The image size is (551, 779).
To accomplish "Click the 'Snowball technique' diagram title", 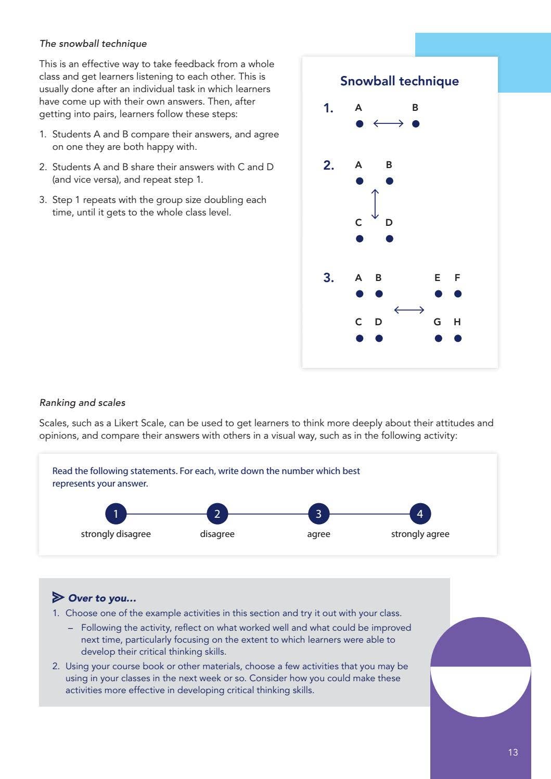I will click(399, 81).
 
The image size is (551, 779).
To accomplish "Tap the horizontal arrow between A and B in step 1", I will click(388, 123).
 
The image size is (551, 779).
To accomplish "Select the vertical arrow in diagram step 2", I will click(375, 204).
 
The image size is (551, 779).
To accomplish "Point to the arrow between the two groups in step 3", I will click(409, 310).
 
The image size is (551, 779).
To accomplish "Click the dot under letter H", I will click(457, 338).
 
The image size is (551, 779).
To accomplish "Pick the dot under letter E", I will click(438, 294).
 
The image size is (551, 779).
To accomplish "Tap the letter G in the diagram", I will click(437, 322).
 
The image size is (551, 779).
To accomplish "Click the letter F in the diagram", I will click(457, 278).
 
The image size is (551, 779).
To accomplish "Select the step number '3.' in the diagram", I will click(328, 278).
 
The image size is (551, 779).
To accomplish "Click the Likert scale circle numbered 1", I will click(116, 514).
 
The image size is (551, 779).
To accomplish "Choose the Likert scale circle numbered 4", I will click(420, 514).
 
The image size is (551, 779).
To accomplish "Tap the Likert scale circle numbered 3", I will click(318, 514).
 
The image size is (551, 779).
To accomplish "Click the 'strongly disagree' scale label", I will click(116, 534).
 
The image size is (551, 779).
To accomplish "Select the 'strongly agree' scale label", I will click(420, 534).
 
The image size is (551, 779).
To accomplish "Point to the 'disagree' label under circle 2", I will click(217, 534).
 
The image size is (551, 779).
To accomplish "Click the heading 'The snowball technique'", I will click(93, 44).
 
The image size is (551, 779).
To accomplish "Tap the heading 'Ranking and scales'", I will click(82, 403).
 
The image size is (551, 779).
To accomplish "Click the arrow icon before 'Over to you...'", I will click(58, 597).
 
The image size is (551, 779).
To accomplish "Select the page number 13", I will click(512, 752).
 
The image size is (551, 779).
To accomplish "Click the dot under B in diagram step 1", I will click(415, 124).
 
